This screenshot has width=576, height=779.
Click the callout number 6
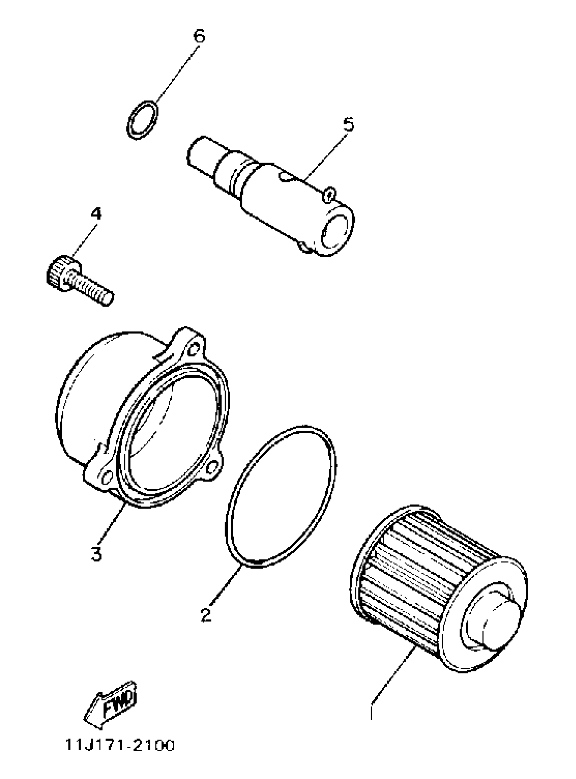[199, 36]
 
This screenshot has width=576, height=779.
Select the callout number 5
[348, 124]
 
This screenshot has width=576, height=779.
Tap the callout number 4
[96, 214]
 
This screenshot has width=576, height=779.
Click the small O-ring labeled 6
[143, 121]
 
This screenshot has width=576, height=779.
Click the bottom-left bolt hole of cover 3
[106, 476]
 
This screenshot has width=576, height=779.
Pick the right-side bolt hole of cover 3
[212, 468]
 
